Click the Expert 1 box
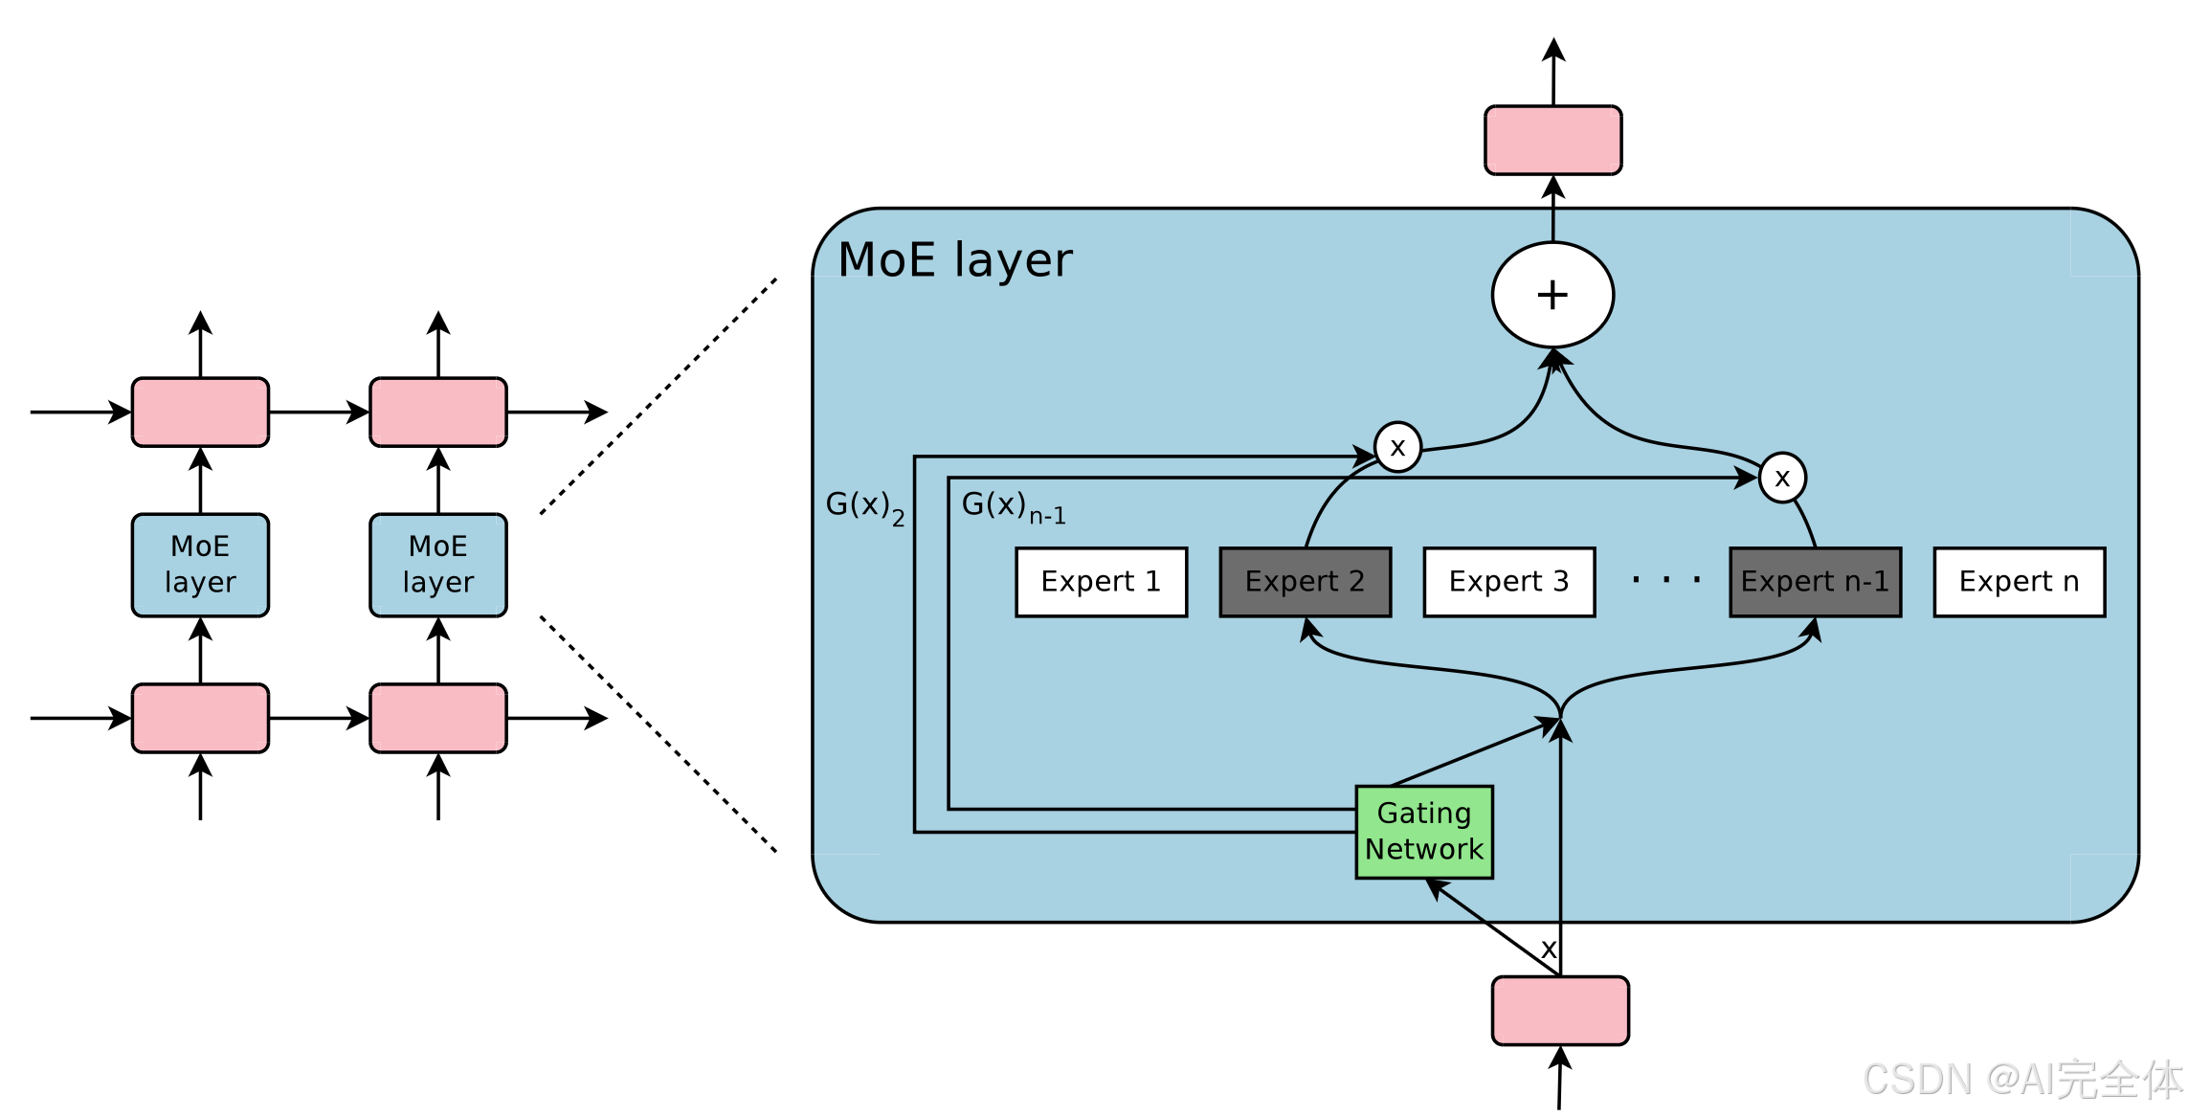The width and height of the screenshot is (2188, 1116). tap(1101, 582)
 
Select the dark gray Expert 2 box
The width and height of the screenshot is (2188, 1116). tap(1305, 582)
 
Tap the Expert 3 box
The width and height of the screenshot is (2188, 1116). tap(1508, 582)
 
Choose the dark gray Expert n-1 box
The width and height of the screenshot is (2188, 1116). tap(1815, 582)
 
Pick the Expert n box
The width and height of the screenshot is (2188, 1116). tap(2019, 582)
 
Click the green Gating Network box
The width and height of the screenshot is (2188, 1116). tap(1424, 832)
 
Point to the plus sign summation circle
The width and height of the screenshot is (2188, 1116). tap(1552, 295)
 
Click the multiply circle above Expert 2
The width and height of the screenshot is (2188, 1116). tap(1397, 447)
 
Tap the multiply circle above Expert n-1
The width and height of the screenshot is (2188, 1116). tap(1782, 478)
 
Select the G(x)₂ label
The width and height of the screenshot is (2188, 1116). tap(865, 507)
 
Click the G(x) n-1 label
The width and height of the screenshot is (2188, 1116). tap(1014, 507)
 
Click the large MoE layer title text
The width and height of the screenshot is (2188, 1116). tap(955, 260)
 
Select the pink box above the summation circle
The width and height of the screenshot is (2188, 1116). tap(1552, 141)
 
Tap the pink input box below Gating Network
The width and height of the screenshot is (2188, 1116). tap(1560, 1011)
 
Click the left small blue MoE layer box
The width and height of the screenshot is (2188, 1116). tap(200, 565)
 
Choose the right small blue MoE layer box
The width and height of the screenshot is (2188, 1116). tap(438, 565)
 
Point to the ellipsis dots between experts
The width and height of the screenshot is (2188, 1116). tap(1666, 579)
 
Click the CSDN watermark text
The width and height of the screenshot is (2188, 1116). tap(2023, 1080)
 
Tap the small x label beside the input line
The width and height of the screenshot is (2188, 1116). tap(1549, 949)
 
